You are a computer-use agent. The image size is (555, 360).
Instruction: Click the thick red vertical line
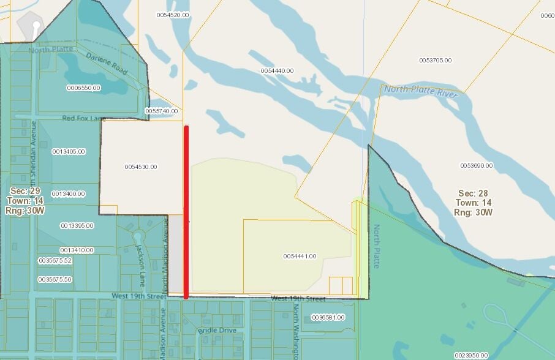(186, 212)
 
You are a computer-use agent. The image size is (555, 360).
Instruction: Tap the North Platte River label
(422, 91)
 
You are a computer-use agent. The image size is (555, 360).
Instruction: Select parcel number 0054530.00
(140, 167)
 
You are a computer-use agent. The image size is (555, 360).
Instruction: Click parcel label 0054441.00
(300, 256)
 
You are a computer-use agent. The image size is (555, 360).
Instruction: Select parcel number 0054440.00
(277, 71)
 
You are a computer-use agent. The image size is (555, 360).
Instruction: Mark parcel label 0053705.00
(435, 60)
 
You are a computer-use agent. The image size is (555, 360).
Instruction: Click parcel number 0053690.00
(476, 166)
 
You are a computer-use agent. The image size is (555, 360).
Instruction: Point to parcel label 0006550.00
(83, 88)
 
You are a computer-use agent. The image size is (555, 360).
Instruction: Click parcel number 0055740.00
(161, 111)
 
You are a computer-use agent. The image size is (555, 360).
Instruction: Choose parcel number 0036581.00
(328, 318)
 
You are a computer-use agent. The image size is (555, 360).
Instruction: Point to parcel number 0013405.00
(68, 151)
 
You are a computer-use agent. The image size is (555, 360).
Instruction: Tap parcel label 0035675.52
(55, 260)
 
